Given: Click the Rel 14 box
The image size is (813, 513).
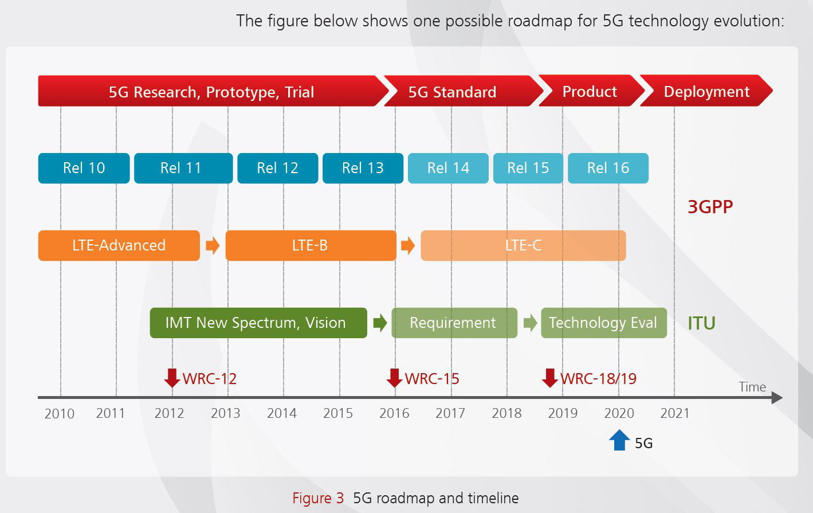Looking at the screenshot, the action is [x=448, y=168].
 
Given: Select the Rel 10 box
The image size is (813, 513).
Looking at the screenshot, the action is [x=84, y=168].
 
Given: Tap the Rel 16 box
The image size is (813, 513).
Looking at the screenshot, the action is [x=608, y=168].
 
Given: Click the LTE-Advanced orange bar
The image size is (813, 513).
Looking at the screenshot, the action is [x=119, y=245].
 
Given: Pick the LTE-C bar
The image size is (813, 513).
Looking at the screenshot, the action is [x=523, y=245].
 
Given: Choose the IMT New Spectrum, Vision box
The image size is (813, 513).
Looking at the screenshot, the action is [x=258, y=323].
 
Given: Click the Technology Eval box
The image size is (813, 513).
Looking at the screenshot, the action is [x=604, y=323].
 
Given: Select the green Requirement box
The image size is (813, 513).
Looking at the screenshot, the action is [x=454, y=323].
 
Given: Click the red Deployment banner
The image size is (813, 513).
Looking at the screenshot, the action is [x=706, y=91].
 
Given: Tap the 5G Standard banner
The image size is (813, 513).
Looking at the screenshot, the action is [x=464, y=91].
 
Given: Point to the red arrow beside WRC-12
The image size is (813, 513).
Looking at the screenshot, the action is [x=172, y=378].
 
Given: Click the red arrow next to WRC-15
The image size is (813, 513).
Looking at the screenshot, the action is [x=395, y=378].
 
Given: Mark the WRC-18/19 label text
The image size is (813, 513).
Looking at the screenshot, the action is [x=599, y=379].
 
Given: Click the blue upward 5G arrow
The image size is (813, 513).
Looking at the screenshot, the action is [x=619, y=440].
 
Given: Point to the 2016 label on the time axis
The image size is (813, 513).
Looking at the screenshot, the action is [x=394, y=413].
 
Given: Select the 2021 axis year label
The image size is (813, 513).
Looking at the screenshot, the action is [x=675, y=413].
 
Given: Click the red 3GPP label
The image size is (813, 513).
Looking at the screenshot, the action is [x=710, y=207].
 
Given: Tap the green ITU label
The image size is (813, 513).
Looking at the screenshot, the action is [x=702, y=323].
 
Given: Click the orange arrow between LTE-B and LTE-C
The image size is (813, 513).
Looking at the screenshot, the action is [x=408, y=245].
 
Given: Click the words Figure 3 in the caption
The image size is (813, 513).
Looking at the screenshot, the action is [x=318, y=498].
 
